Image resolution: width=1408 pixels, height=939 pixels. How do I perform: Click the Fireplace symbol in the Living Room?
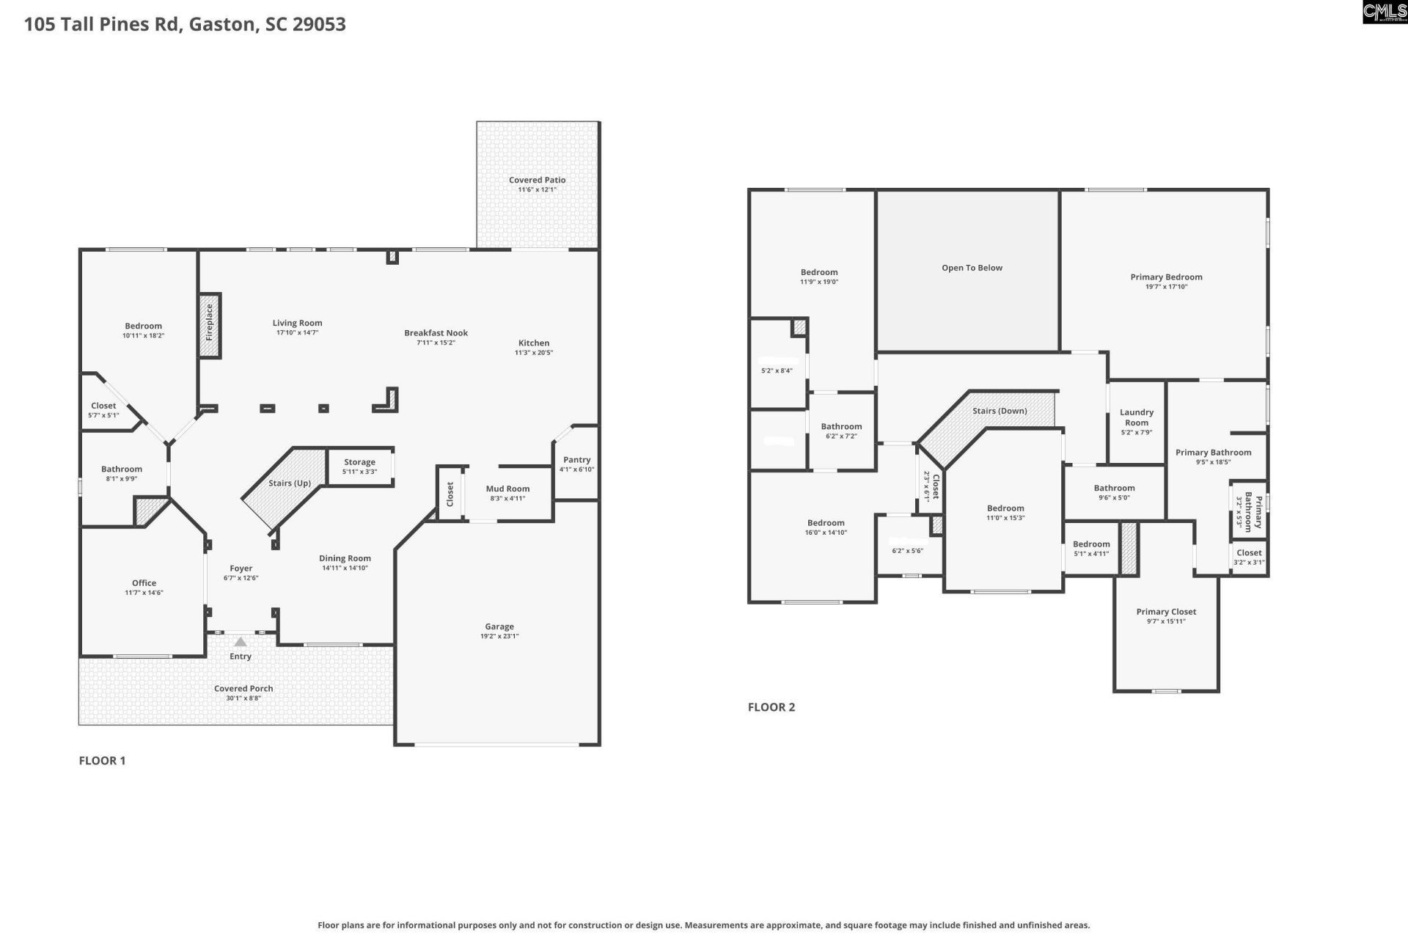(x=210, y=324)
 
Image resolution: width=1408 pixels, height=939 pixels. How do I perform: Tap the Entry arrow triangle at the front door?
(x=241, y=642)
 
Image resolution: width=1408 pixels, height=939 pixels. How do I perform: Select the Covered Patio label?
(x=537, y=180)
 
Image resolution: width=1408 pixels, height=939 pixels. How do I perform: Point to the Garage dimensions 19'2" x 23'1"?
(x=499, y=636)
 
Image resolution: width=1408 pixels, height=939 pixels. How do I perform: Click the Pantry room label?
(x=576, y=460)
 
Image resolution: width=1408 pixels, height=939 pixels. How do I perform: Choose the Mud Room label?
(x=507, y=489)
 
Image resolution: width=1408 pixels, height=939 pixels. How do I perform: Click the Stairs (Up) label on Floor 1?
(x=289, y=483)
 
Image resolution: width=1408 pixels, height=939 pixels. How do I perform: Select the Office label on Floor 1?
(x=144, y=583)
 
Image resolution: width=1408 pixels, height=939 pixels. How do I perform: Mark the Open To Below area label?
(x=972, y=268)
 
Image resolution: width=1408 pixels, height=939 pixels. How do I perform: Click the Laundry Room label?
(x=1137, y=417)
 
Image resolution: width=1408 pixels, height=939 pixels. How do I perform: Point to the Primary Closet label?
(x=1166, y=612)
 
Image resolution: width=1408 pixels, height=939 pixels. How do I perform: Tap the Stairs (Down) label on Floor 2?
(x=1000, y=411)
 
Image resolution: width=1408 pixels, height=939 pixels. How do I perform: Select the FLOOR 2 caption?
(x=771, y=707)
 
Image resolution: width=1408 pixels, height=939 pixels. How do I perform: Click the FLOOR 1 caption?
(x=102, y=761)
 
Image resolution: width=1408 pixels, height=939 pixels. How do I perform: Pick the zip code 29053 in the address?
(x=319, y=24)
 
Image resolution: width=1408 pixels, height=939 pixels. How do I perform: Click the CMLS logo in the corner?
(x=1385, y=12)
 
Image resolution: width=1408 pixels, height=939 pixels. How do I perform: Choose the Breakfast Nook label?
(x=436, y=333)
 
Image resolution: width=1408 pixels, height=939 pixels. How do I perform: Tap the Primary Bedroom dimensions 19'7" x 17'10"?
(x=1166, y=287)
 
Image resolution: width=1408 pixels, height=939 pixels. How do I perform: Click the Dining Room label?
(x=345, y=558)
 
